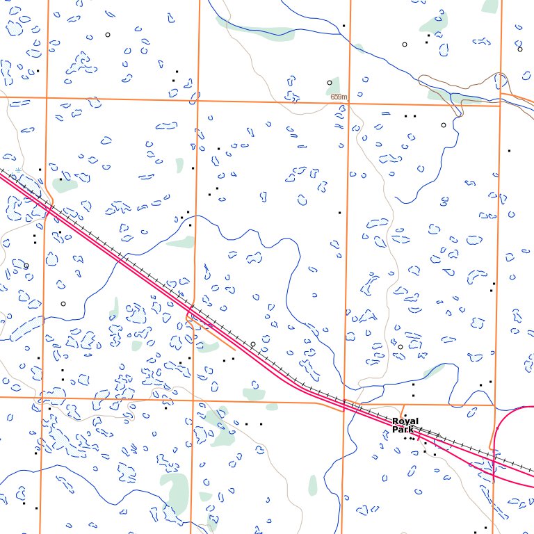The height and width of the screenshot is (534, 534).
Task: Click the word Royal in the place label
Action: point(405,421)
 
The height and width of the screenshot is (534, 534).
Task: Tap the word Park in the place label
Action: point(402,430)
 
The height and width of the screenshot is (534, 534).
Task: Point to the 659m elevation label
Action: point(339,97)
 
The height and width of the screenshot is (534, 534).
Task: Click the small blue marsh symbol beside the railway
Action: point(17,170)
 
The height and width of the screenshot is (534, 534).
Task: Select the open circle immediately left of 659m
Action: point(330,83)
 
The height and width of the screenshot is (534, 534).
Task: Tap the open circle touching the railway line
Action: point(253,344)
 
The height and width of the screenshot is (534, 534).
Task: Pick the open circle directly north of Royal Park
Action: point(400,346)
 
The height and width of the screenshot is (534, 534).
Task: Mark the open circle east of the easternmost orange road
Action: point(519,49)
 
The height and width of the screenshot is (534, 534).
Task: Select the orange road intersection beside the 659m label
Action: point(349,104)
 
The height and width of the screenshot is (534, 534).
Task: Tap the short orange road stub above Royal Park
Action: point(403,410)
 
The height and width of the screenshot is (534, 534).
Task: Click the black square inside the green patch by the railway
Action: point(60,179)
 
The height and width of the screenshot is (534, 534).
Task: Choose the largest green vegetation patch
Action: point(174,490)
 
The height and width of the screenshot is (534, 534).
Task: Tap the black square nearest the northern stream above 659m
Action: point(343,26)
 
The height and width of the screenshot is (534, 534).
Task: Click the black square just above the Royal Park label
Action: point(413,396)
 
